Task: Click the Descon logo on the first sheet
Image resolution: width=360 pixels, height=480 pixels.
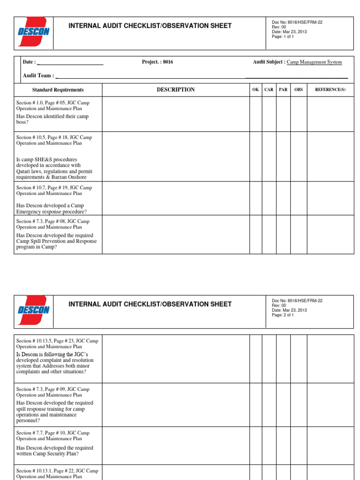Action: (x=33, y=32)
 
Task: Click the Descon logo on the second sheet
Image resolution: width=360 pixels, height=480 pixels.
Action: (x=33, y=310)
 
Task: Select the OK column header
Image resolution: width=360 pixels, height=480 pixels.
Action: (x=255, y=90)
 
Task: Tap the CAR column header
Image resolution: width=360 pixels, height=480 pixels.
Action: (x=269, y=90)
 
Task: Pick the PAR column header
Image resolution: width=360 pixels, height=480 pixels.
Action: (x=283, y=90)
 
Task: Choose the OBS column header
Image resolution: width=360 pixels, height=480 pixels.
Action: (x=299, y=90)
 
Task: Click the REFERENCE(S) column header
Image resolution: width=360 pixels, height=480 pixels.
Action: (x=330, y=90)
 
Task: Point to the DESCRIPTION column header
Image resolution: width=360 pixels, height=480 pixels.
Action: (x=176, y=90)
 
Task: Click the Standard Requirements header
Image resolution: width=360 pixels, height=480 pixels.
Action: (x=58, y=90)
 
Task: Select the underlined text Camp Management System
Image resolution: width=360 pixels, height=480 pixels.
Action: (x=314, y=62)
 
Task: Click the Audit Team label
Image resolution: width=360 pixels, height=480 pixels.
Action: (x=38, y=75)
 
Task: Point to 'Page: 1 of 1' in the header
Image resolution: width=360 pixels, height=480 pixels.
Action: (x=283, y=37)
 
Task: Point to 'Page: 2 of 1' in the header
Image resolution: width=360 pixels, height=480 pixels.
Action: (x=283, y=315)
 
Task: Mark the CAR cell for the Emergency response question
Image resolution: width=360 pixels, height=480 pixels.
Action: (x=269, y=199)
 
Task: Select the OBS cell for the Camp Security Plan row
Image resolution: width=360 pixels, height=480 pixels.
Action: (x=299, y=446)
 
